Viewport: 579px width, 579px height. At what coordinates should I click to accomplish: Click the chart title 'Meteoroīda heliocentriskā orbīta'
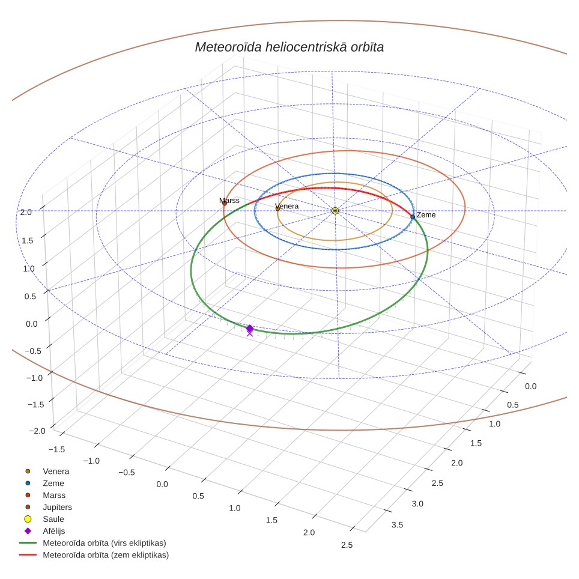(289, 47)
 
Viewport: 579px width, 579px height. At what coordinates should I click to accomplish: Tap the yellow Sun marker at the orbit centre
(335, 210)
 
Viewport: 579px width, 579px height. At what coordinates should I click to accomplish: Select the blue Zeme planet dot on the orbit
(413, 217)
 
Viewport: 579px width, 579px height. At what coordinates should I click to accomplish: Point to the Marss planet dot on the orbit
(224, 203)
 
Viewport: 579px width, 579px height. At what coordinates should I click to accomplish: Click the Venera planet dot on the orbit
(277, 208)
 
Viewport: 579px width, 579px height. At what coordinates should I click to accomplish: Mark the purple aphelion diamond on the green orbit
(250, 329)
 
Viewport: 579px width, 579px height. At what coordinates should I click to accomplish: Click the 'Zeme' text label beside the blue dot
(426, 215)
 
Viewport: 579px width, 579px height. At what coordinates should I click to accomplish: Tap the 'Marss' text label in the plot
(229, 200)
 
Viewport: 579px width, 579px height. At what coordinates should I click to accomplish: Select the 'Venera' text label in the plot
(287, 206)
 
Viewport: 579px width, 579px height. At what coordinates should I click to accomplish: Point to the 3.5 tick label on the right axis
(397, 525)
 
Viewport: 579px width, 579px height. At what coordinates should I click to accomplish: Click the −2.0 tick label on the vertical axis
(37, 431)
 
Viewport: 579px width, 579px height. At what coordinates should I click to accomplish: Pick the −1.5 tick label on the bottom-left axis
(56, 449)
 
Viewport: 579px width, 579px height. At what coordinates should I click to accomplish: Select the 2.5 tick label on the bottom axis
(347, 545)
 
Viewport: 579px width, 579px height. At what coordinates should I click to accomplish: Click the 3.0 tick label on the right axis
(417, 504)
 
